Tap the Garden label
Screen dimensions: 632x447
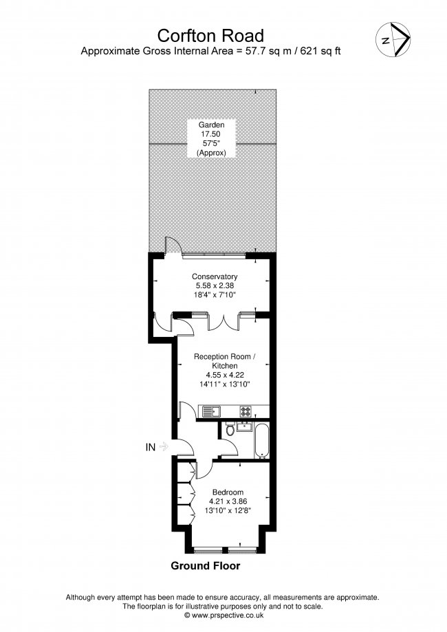coord(212,124)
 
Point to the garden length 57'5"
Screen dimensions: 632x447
coord(212,144)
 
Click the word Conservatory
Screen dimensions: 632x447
coord(215,276)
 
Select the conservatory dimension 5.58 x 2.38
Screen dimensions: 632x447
coord(215,285)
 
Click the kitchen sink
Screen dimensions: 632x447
coord(211,411)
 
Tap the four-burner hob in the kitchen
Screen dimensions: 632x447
coord(246,411)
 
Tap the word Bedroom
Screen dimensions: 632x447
coord(227,492)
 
